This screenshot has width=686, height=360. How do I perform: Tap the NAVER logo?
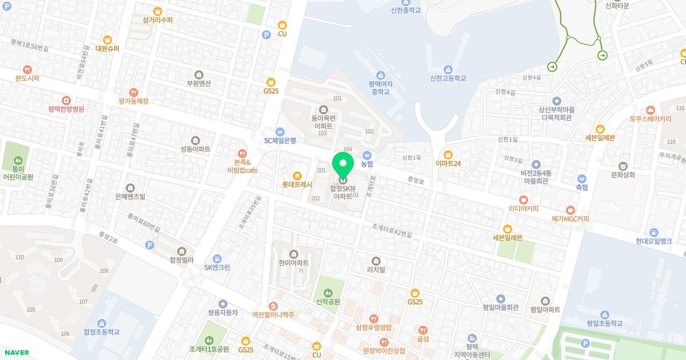coord(16,352)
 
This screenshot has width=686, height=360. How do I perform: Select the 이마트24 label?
coord(448,163)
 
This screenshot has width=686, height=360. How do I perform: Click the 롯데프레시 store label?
coord(297,185)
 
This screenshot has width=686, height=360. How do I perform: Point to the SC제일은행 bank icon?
coord(280,131)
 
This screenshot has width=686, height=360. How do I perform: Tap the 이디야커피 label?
coord(524,209)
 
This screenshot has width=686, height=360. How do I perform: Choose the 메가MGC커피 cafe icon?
coord(570,210)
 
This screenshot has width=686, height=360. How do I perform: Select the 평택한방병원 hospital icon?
coord(66,99)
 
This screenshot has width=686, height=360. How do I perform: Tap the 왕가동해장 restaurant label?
coord(133,101)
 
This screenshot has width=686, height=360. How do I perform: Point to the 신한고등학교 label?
coord(448,78)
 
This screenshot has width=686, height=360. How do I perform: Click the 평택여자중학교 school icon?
coord(380,75)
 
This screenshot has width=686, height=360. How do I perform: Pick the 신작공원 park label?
coord(328,302)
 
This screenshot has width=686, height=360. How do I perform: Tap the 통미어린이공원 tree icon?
coord(18,161)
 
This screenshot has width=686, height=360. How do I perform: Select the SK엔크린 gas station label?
coord(217,267)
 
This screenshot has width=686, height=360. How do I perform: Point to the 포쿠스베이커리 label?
coord(650,119)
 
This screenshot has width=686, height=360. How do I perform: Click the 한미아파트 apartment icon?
coord(294,254)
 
